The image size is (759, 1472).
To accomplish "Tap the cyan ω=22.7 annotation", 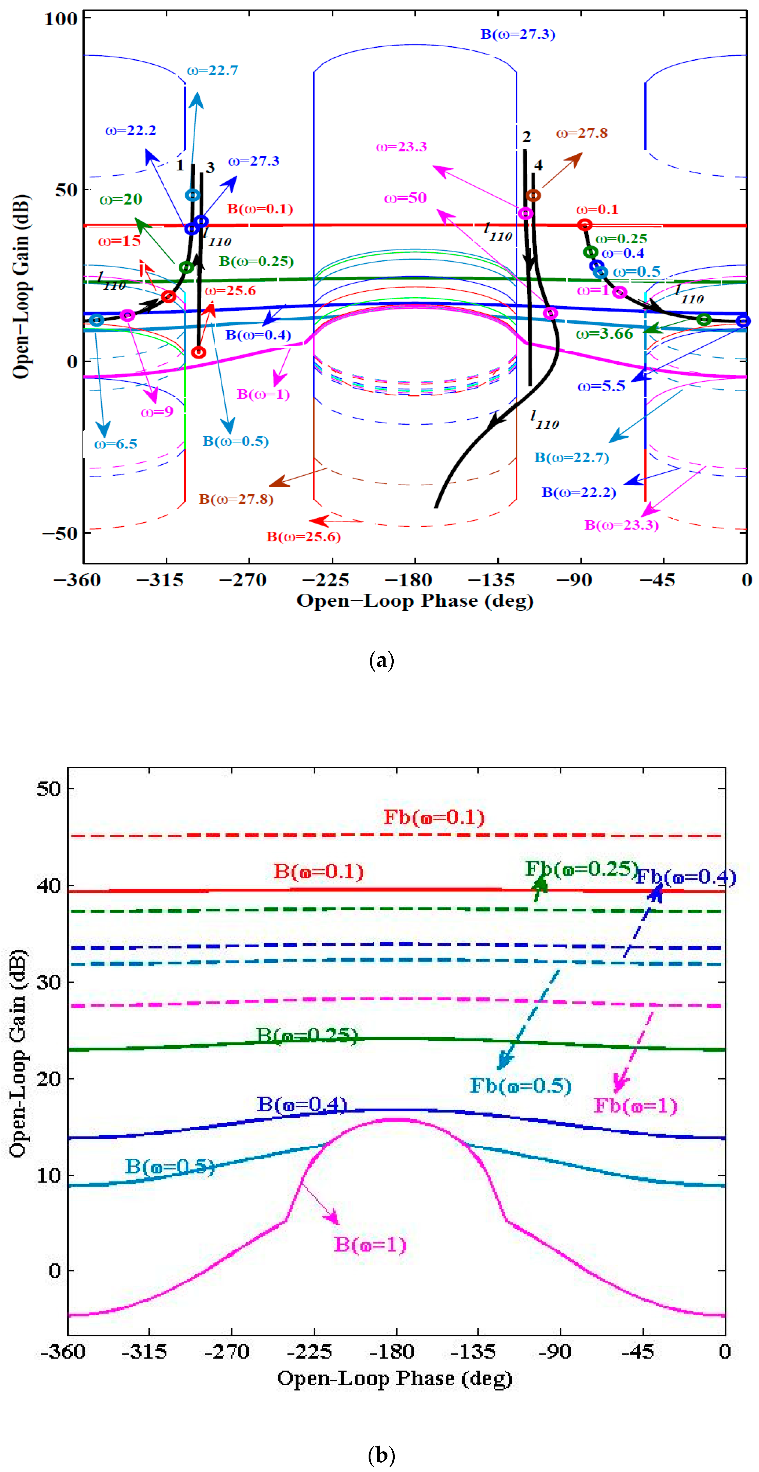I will [213, 70].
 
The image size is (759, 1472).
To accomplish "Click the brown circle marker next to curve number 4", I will [533, 195].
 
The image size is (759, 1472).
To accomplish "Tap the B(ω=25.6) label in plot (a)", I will [303, 537].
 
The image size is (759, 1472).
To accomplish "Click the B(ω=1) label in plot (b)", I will [370, 1245].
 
